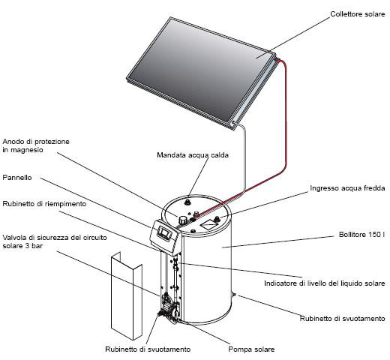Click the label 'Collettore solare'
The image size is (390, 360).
pyautogui.click(x=358, y=14)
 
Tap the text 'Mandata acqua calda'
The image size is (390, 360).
pyautogui.click(x=193, y=155)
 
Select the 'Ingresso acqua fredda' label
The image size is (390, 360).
pyautogui.click(x=347, y=188)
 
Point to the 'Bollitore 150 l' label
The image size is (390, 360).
pyautogui.click(x=361, y=235)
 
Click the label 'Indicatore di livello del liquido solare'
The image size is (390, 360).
pyautogui.click(x=325, y=283)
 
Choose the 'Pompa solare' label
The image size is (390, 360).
pyautogui.click(x=251, y=349)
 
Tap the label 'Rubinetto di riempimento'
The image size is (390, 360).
pyautogui.click(x=44, y=204)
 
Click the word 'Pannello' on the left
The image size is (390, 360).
pyautogui.click(x=17, y=178)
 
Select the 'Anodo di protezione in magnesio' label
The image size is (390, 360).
pyautogui.click(x=36, y=145)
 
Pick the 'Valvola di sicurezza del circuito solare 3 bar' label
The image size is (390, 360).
pyautogui.click(x=55, y=241)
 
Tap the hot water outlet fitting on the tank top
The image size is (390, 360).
pyautogui.click(x=187, y=201)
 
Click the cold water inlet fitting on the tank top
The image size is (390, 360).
pyautogui.click(x=217, y=219)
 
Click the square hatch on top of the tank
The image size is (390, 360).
pyautogui.click(x=209, y=225)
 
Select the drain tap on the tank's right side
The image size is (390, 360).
pyautogui.click(x=234, y=295)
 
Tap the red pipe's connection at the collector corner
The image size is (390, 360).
pyautogui.click(x=276, y=59)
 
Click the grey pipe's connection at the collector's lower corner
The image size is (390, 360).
pyautogui.click(x=234, y=123)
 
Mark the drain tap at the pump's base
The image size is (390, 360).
pyautogui.click(x=161, y=313)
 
